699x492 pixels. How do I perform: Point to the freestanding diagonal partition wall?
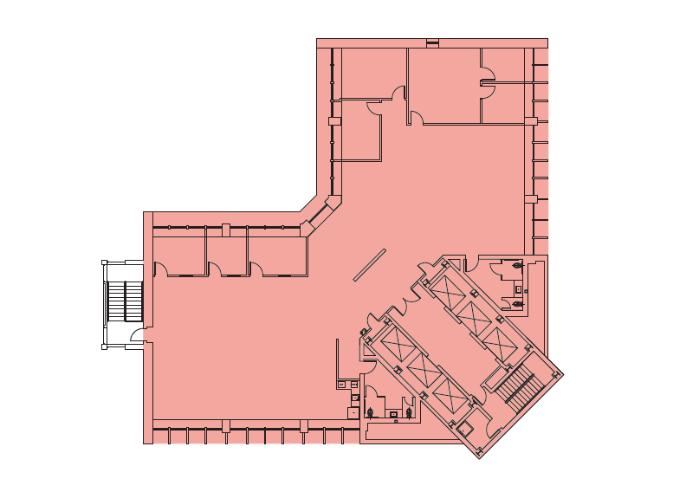370,265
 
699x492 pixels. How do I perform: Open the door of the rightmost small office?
257,269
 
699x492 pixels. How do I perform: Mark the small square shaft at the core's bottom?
465,427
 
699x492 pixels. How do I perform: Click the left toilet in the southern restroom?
371,412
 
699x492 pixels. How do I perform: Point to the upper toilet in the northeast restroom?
517,265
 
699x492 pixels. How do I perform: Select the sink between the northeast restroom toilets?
518,288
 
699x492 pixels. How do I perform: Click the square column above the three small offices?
226,230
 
